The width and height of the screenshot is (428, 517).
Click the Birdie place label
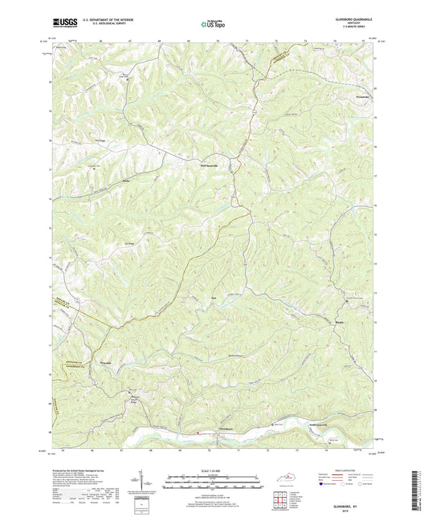tap(340, 324)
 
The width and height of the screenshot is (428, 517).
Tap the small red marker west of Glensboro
tap(198, 433)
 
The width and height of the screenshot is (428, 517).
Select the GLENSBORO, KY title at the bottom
tap(353, 504)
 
